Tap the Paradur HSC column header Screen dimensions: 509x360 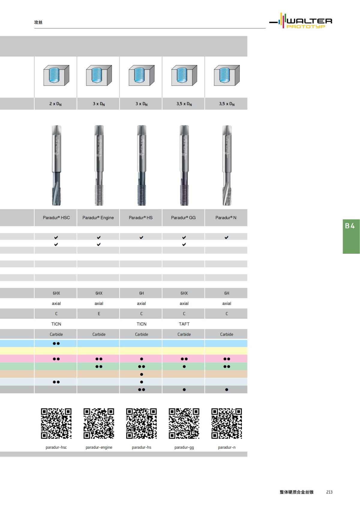click(56, 218)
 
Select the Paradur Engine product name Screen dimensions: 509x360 click(98, 218)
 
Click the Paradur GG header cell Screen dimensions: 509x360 click(183, 218)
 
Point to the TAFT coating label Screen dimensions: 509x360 click(184, 324)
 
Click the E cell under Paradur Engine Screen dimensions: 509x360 click(99, 314)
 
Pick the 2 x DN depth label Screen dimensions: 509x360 click(55, 104)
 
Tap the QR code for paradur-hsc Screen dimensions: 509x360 click(56, 424)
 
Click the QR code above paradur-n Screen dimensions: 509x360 click(226, 424)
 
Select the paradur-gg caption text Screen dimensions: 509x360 click(184, 448)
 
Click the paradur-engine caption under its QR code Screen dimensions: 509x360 click(99, 448)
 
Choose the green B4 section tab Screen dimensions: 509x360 click(351, 237)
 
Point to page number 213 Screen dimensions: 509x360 click(329, 492)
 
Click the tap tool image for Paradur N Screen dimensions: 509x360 click(227, 165)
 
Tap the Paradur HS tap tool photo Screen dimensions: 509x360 click(142, 165)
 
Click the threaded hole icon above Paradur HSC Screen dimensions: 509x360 click(56, 75)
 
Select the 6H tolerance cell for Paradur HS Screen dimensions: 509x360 click(142, 293)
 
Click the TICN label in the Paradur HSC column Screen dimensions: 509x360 click(56, 324)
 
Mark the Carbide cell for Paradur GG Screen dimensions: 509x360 click(184, 334)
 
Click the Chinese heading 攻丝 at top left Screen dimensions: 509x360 click(38, 22)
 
